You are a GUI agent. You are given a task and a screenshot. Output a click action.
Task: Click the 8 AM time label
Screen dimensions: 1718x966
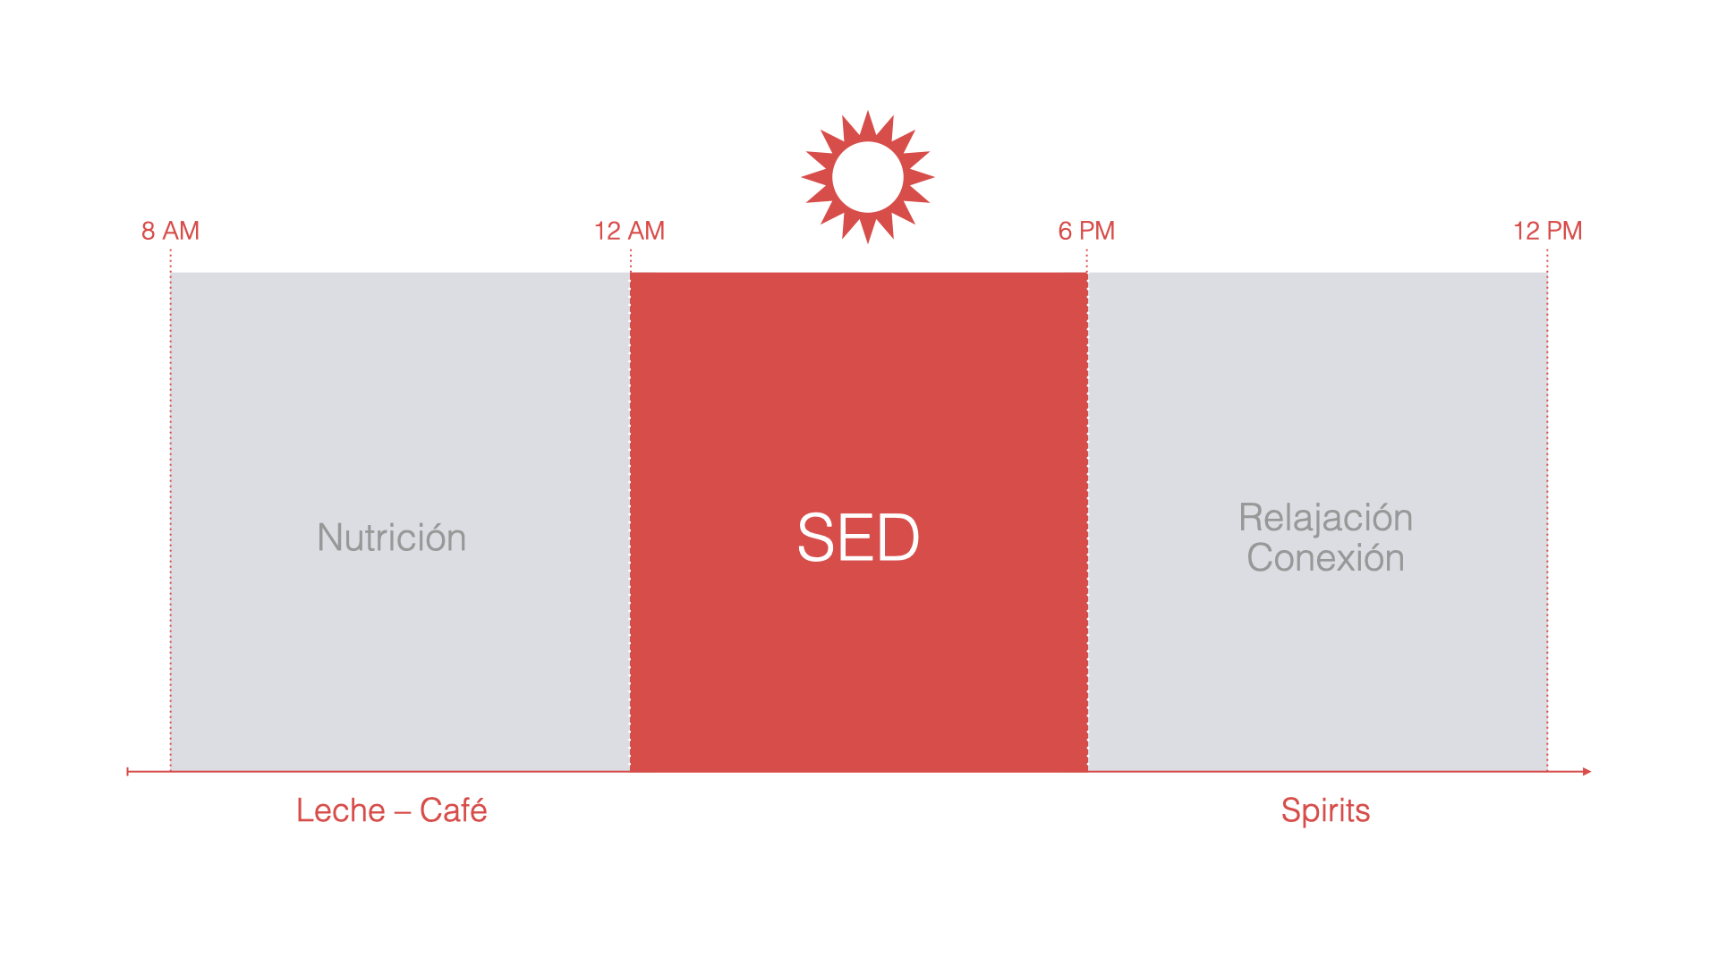pos(170,231)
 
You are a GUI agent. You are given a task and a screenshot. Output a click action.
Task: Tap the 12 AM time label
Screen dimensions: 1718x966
pos(629,231)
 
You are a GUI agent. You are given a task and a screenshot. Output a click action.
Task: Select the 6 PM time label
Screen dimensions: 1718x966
pos(1086,231)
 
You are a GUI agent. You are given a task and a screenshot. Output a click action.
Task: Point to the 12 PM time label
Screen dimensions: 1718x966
pos(1547,231)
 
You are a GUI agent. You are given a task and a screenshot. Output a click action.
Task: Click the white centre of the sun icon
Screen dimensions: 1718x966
pos(867,177)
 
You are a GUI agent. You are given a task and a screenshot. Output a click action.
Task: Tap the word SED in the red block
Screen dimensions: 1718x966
pos(858,538)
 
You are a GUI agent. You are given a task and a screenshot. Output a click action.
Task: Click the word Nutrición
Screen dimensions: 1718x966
pos(392,538)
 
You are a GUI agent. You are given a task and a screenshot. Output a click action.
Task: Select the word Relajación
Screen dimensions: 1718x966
pos(1325,518)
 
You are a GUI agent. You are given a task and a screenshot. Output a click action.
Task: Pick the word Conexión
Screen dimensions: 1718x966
pos(1325,558)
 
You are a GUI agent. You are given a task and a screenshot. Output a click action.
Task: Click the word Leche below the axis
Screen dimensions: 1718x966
pos(340,810)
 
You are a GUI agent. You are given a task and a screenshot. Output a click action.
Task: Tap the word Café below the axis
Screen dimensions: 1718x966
pos(454,810)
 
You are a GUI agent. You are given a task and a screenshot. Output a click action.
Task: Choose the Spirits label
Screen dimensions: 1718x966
pos(1325,811)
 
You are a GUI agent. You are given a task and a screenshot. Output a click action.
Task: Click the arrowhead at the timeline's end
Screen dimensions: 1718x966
pos(1586,771)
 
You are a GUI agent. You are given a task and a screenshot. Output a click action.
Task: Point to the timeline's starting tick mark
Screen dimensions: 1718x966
pos(128,771)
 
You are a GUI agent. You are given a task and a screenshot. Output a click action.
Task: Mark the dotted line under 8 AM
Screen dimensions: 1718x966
pos(170,510)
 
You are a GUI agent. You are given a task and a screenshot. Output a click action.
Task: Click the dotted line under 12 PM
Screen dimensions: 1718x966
pos(1547,510)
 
